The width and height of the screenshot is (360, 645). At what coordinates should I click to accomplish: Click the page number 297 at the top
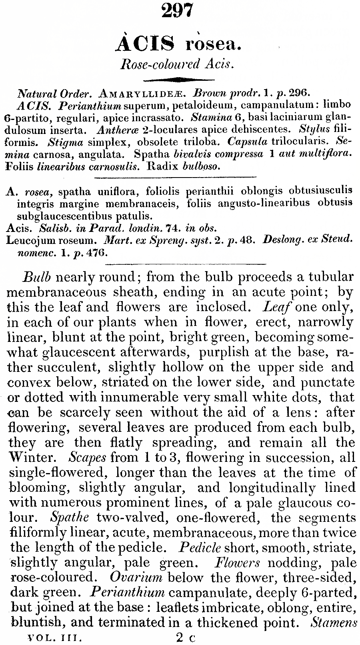coord(177,10)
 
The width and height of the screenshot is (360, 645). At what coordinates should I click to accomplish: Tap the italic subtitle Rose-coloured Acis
coord(177,64)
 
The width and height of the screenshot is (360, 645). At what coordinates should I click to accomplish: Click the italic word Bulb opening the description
coord(35,277)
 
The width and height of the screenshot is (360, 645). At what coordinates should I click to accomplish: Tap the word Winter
coord(36,457)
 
